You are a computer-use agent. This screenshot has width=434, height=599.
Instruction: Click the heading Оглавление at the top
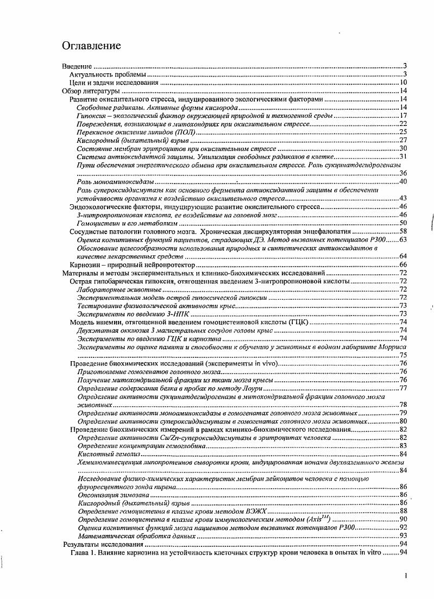(x=91, y=44)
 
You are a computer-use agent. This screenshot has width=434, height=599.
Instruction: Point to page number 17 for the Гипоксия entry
(x=403, y=116)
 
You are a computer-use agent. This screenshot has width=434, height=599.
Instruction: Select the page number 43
(x=403, y=198)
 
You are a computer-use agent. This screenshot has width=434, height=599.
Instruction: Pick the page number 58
(x=403, y=231)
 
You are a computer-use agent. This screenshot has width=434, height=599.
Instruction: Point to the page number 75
(x=403, y=355)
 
